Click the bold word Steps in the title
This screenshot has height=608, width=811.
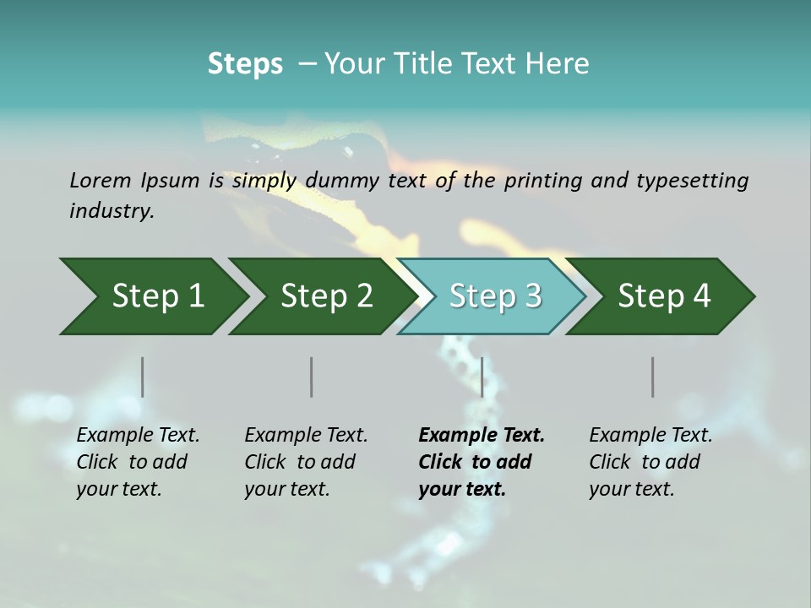pyautogui.click(x=245, y=64)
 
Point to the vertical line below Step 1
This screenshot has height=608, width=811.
pyautogui.click(x=142, y=377)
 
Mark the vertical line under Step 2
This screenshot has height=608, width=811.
pyautogui.click(x=312, y=377)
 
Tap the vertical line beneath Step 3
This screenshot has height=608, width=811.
pyautogui.click(x=482, y=377)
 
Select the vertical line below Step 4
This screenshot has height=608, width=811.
pyautogui.click(x=652, y=377)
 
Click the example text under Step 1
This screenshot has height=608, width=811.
pyautogui.click(x=138, y=462)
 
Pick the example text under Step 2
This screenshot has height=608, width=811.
pyautogui.click(x=306, y=462)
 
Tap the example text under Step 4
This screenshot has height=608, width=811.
pyautogui.click(x=650, y=462)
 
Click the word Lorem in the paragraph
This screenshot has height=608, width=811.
pyautogui.click(x=100, y=180)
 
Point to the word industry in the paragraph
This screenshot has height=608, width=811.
pyautogui.click(x=112, y=211)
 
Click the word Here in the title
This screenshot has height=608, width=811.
pyautogui.click(x=557, y=64)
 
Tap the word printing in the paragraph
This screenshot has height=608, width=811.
pyautogui.click(x=536, y=180)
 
